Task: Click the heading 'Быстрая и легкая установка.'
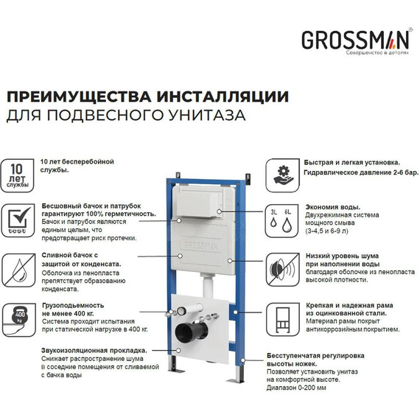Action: pos(352,162)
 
